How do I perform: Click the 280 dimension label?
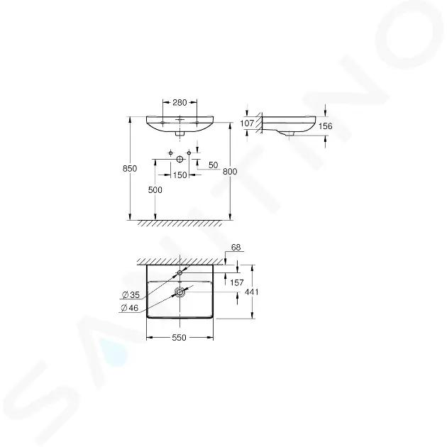coord(180,102)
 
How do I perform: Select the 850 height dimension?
coord(130,168)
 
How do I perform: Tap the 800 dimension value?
coord(230,171)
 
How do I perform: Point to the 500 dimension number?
coord(155,190)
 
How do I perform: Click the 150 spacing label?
coord(180,175)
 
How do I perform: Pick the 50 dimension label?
coord(214,165)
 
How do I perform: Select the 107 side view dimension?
coord(247,123)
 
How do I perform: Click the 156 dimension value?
coord(325,126)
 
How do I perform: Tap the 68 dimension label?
coord(236,248)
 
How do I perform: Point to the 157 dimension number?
coord(237,282)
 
